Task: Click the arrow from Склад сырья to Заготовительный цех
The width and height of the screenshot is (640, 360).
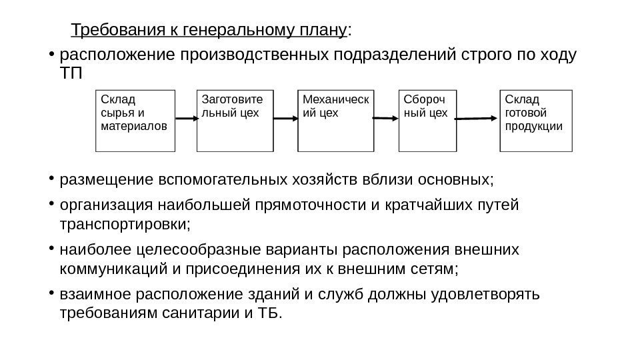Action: point(186,119)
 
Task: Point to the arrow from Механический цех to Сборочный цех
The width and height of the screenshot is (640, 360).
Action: point(385,119)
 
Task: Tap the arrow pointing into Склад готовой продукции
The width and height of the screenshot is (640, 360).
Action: point(478,119)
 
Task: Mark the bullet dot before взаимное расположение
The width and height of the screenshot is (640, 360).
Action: point(52,293)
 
